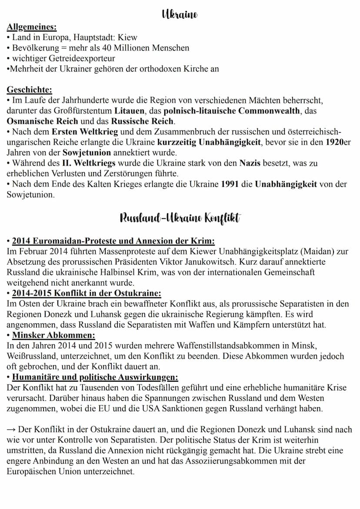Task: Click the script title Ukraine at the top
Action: (x=180, y=14)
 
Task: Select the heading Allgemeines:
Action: (x=31, y=27)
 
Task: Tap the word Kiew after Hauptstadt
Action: (x=127, y=37)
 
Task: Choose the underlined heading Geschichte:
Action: (x=29, y=90)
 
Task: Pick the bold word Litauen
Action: (x=130, y=111)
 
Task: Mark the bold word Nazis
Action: (x=250, y=163)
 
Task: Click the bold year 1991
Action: (x=230, y=184)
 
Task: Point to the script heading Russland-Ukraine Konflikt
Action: (x=180, y=217)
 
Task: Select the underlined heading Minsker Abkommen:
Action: (x=53, y=335)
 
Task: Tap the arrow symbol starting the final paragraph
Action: (x=11, y=430)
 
